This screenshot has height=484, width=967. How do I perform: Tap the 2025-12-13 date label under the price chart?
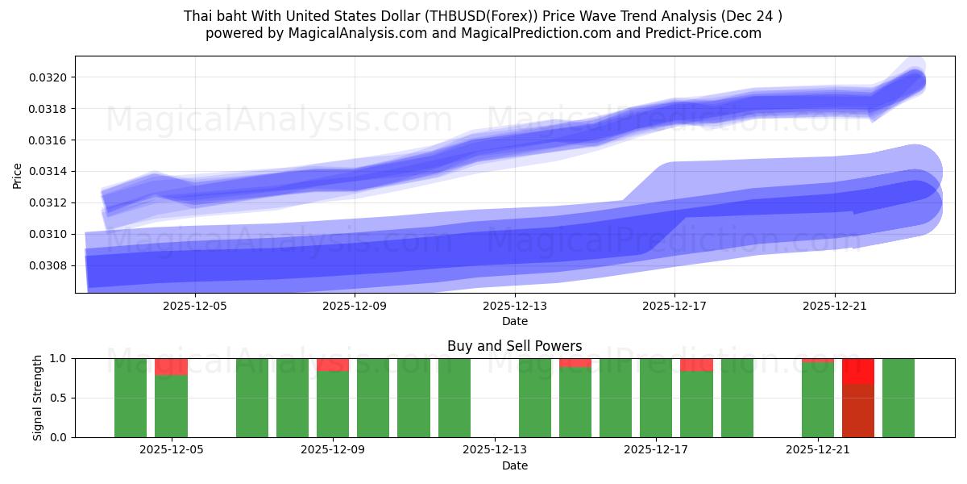click(514, 306)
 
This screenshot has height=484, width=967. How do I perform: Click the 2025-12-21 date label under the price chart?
click(835, 306)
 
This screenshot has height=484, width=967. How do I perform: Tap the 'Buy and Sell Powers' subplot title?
click(514, 346)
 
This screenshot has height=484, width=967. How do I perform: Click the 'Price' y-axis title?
click(18, 174)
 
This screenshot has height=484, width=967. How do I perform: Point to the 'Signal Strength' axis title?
click(38, 398)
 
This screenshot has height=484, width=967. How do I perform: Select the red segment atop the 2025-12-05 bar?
click(171, 367)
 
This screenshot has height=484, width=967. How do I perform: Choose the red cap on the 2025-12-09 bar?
click(333, 365)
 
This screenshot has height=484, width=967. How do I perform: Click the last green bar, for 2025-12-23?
click(898, 398)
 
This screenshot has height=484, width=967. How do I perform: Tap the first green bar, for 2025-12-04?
click(131, 398)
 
